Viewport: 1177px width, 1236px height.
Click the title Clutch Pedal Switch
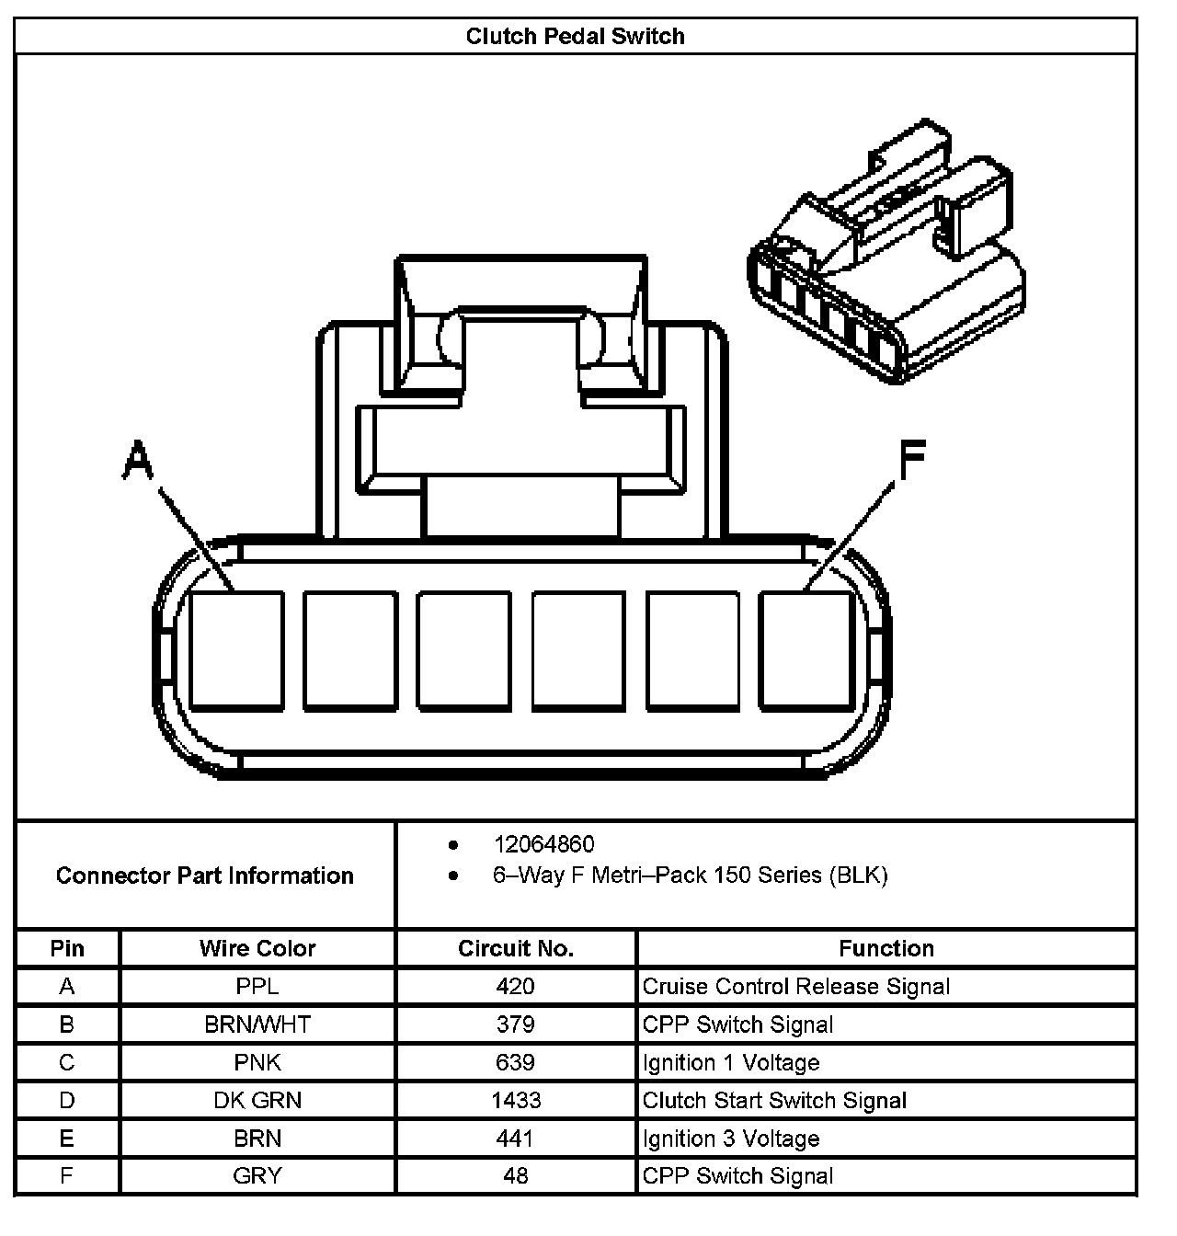575,36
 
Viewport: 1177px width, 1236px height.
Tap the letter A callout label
137,460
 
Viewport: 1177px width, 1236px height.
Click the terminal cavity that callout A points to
236,650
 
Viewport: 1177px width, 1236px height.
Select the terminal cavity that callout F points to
806,650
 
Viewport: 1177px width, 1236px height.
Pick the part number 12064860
543,844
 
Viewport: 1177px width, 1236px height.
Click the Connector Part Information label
204,875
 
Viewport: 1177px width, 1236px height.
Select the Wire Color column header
257,948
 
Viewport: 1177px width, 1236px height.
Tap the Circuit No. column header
515,948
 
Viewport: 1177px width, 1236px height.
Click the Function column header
886,948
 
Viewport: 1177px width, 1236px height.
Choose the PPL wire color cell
257,987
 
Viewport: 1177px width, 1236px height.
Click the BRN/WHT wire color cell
257,1024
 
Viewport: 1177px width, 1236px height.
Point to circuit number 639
515,1063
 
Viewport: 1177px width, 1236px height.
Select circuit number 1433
515,1101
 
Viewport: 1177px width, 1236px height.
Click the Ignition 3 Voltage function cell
730,1139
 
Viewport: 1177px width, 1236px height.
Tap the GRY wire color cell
257,1175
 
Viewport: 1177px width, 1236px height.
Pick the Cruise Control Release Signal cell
795,987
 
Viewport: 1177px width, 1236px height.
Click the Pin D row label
67,1101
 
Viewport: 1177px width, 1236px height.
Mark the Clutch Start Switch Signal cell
774,1101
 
